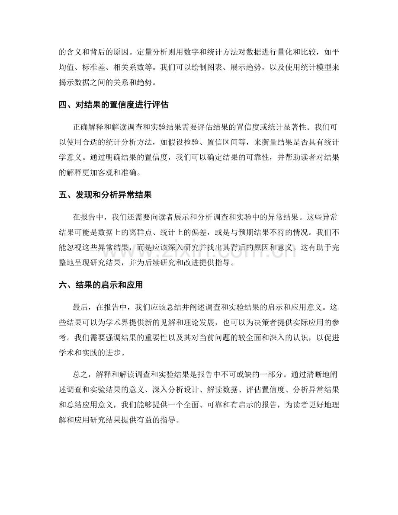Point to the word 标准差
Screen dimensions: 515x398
coord(107,67)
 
